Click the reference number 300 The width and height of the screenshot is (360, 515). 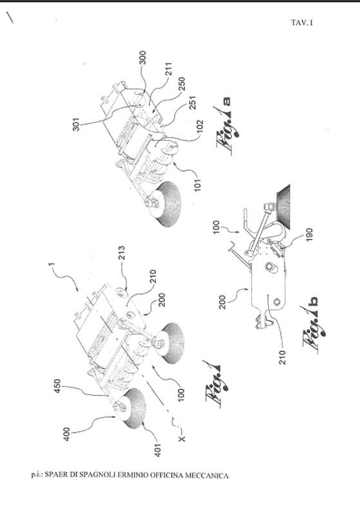tap(142, 58)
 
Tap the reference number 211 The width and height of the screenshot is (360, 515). tap(169, 69)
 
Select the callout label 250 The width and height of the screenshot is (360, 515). tap(182, 84)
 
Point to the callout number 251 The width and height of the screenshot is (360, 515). tap(193, 103)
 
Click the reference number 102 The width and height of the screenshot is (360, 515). tap(200, 126)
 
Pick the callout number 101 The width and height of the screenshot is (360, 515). tap(197, 185)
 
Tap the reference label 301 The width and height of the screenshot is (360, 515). tap(76, 124)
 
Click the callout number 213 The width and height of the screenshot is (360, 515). tap(121, 252)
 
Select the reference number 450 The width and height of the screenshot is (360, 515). tap(57, 386)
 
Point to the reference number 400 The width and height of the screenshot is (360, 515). tap(66, 434)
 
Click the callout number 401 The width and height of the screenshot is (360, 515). tap(158, 450)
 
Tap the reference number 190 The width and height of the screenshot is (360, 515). tap(309, 235)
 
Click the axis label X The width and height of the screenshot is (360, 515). tap(182, 438)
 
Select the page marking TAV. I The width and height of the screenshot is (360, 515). tap(301, 23)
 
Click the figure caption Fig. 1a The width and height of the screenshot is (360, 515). tap(227, 126)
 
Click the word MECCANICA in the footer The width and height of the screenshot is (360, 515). tap(207, 475)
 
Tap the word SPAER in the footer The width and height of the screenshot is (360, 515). tap(55, 474)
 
